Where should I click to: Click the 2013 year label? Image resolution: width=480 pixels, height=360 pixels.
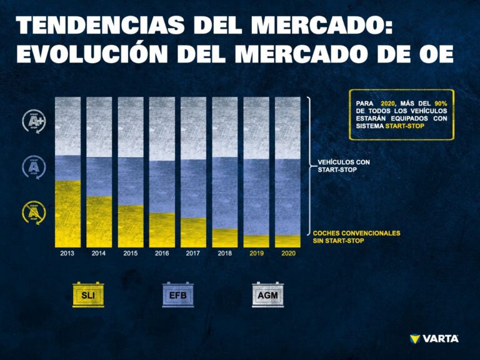67,254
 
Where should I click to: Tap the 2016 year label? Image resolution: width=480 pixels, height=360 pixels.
162,254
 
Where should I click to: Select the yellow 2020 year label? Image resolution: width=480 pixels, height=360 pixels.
288,254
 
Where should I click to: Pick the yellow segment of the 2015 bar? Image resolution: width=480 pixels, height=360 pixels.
131,226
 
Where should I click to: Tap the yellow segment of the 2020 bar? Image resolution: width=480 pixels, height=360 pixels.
288,241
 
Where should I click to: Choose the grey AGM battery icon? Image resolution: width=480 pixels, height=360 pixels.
267,294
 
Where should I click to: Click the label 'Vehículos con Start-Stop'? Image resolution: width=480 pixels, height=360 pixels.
340,166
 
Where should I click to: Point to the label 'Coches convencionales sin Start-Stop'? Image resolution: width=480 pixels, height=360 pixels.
356,236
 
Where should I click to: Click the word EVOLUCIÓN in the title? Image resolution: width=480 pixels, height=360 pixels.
93,54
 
